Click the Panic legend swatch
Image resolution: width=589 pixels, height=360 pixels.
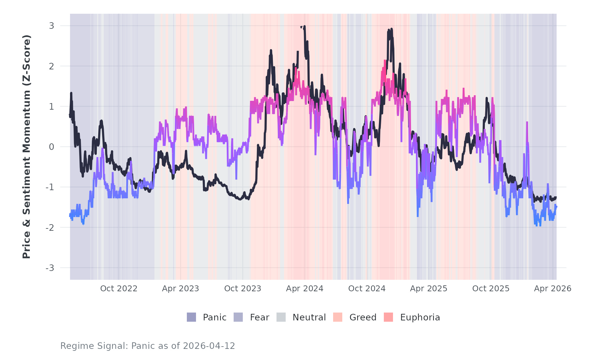click(191, 317)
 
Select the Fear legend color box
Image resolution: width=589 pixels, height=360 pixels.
click(238, 317)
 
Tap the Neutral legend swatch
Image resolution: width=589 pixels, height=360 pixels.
click(281, 317)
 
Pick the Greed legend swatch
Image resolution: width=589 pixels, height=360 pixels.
click(338, 317)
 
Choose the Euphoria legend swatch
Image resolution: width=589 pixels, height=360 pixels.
click(388, 317)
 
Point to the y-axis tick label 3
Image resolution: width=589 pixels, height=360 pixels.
click(51, 26)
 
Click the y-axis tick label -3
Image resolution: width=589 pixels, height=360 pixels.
click(50, 268)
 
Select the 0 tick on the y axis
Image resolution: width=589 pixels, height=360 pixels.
click(51, 147)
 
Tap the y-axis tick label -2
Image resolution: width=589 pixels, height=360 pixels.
click(50, 228)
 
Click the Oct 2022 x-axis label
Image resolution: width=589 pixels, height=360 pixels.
click(119, 289)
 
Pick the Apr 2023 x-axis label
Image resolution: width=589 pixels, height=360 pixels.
click(181, 289)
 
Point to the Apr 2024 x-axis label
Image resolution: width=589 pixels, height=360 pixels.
click(305, 289)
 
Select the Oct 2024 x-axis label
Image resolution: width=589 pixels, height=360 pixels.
click(367, 289)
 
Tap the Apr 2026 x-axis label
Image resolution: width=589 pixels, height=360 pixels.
click(553, 289)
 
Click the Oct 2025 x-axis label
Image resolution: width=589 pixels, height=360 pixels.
click(491, 289)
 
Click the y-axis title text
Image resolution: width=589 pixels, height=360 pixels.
click(26, 147)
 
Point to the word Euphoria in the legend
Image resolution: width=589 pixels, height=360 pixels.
click(420, 317)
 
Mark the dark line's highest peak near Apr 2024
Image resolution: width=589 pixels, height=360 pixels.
click(305, 27)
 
